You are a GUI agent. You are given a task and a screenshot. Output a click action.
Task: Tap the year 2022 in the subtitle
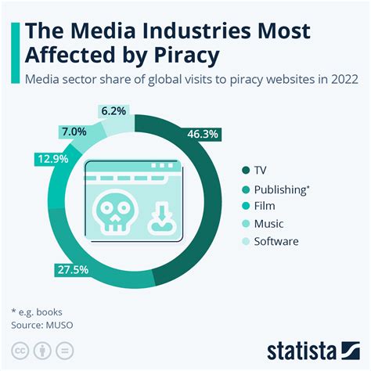tap(342, 79)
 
